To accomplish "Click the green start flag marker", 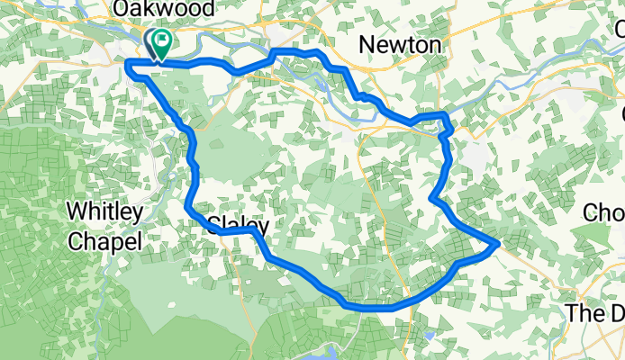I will [x=163, y=41].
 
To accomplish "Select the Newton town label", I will [x=400, y=44].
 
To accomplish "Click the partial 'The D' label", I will [x=594, y=313].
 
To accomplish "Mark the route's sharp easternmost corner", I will [x=498, y=242].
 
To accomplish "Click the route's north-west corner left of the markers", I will [x=128, y=63].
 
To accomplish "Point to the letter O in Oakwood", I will [x=119, y=9].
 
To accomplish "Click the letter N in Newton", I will [x=366, y=44].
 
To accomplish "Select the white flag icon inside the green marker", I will [x=163, y=40].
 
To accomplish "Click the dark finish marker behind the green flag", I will [x=150, y=43].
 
